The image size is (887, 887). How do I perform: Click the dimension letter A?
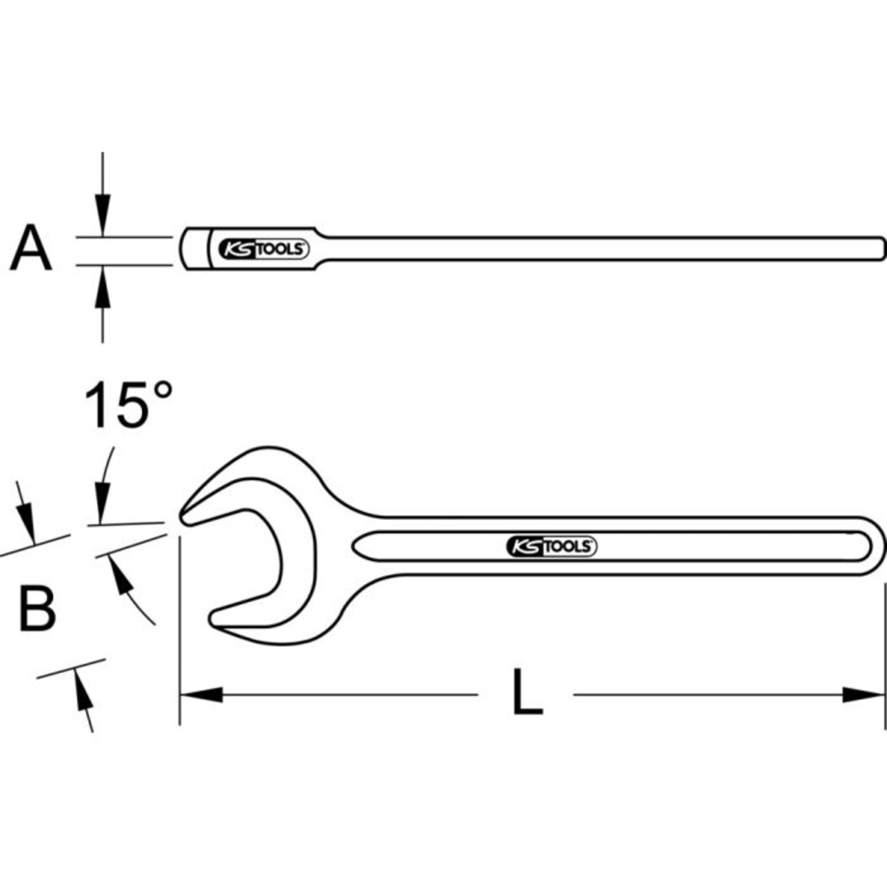point(32,249)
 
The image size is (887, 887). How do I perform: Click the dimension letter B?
point(37,608)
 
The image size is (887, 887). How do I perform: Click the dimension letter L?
point(527,693)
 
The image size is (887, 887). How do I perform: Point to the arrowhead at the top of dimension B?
point(27,523)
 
